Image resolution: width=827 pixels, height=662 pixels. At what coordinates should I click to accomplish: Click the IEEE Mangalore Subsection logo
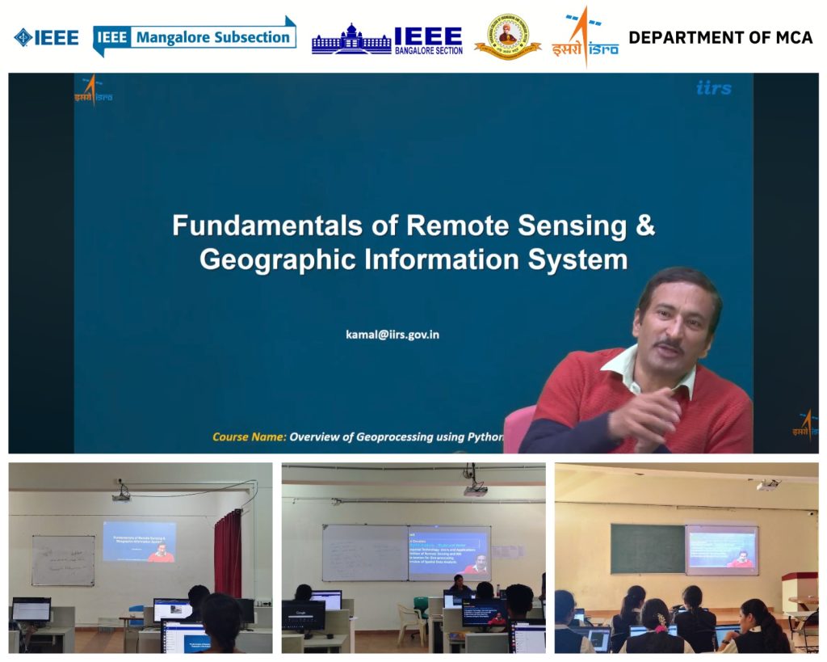tap(194, 36)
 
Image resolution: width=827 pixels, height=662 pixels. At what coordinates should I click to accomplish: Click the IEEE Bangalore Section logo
tap(387, 39)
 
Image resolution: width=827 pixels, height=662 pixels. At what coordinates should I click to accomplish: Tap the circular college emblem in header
tap(507, 37)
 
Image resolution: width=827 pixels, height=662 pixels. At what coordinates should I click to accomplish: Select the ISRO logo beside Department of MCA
tap(585, 37)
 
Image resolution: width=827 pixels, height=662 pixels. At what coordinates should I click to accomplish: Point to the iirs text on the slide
tap(713, 87)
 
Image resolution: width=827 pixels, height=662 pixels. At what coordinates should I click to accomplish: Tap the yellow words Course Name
tap(249, 436)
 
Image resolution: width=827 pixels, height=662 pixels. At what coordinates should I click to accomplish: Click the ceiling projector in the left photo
tap(121, 494)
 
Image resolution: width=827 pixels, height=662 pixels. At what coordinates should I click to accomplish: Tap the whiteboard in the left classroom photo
tap(63, 560)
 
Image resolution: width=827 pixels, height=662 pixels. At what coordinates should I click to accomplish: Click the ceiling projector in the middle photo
tap(475, 488)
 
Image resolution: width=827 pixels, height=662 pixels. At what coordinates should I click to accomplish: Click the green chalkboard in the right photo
tap(647, 548)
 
